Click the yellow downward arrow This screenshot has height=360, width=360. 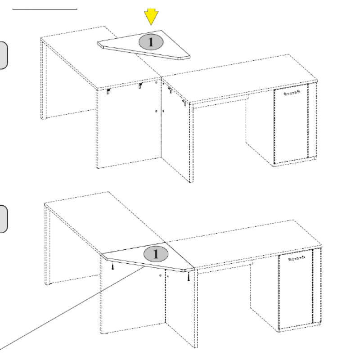coord(151,16)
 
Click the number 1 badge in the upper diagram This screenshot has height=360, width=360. coord(151,42)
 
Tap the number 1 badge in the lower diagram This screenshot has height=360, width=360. coord(156,254)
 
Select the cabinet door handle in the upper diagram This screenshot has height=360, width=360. coord(292,93)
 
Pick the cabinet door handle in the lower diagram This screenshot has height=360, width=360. coord(297,258)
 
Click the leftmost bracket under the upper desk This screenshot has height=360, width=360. coord(108,91)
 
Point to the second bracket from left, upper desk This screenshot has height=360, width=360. coord(140,86)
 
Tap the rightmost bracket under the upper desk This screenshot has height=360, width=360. coord(184,103)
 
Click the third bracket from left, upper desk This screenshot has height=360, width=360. coord(170,90)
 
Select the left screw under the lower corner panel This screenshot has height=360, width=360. coord(112,266)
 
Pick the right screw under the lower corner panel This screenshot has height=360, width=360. coord(189,277)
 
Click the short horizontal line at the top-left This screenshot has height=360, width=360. coord(45,9)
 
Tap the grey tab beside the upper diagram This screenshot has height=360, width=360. coord(4,55)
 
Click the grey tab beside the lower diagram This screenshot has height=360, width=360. coord(4,219)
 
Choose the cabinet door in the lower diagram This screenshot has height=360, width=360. coord(296,289)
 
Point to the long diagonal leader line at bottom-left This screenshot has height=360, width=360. coord(72,308)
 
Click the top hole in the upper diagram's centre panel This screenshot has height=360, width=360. coord(156,82)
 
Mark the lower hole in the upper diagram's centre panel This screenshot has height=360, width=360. coord(156,111)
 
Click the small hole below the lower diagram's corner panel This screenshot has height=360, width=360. coord(161,275)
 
